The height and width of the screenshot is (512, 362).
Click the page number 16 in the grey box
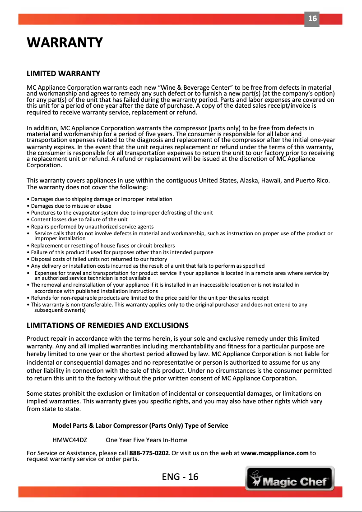312,19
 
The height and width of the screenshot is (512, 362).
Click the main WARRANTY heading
65,43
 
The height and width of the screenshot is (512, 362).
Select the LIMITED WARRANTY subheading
63,73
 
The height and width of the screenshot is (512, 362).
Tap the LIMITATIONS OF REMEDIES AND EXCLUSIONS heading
107,325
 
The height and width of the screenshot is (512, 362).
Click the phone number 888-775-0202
149,453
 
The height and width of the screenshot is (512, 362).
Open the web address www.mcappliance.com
275,453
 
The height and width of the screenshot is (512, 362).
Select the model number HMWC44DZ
70,440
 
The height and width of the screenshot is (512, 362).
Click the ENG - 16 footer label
180,477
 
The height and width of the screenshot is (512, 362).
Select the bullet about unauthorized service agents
90,227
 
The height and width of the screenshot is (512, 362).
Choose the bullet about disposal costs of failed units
97,259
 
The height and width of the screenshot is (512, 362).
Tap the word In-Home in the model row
176,440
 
